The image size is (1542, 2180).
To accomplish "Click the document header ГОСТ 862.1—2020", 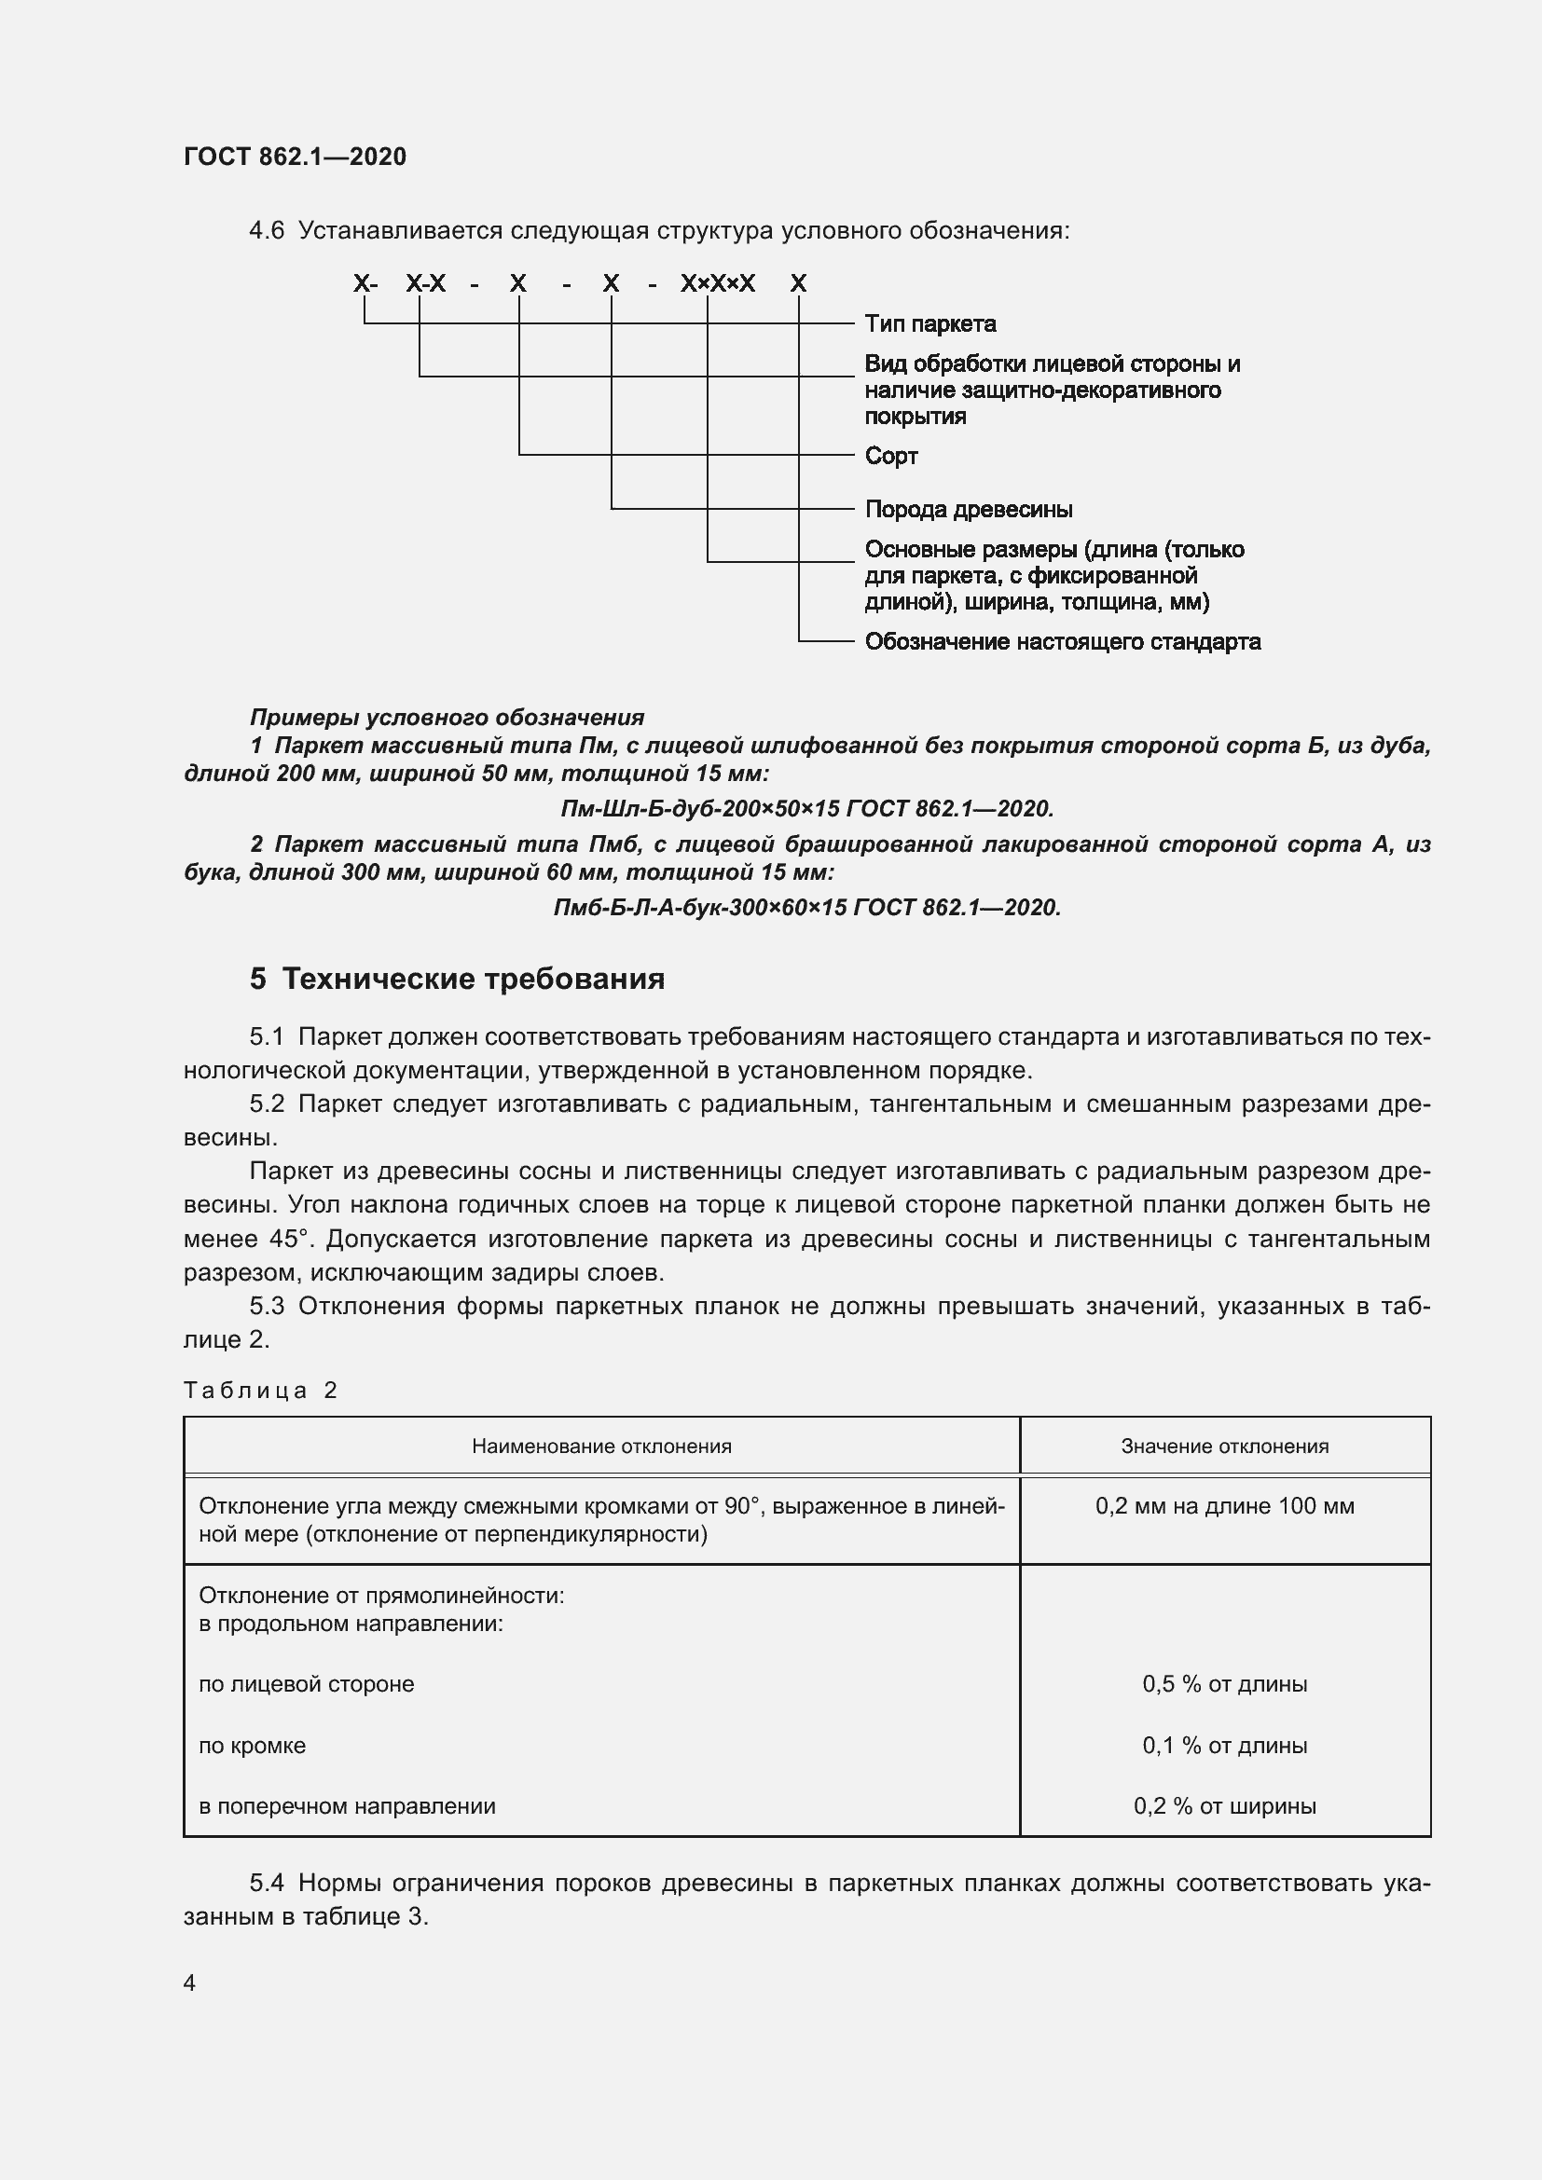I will point(295,157).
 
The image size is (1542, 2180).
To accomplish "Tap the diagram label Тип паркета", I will point(929,323).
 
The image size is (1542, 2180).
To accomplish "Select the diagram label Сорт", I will point(890,456).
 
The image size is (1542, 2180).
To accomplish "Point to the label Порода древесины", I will point(968,509).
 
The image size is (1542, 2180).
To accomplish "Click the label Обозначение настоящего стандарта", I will point(1062,642).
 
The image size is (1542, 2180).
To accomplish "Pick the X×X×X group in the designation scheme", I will point(718,283).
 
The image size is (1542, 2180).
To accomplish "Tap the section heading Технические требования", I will point(473,979).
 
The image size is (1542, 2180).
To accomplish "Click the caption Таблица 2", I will point(260,1390).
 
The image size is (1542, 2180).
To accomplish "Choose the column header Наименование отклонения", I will point(601,1446).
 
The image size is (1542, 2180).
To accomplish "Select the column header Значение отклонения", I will point(1224,1446).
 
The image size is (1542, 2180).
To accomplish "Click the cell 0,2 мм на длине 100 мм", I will point(1224,1506).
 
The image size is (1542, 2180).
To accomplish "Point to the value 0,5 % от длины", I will point(1224,1684).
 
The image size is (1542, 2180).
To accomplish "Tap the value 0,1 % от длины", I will point(1224,1745).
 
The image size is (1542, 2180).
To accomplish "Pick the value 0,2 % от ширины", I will point(1224,1806).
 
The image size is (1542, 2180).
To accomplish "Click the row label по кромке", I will point(252,1745).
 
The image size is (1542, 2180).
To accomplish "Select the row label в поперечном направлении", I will point(347,1806).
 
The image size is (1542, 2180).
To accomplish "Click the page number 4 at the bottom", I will point(190,1983).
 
